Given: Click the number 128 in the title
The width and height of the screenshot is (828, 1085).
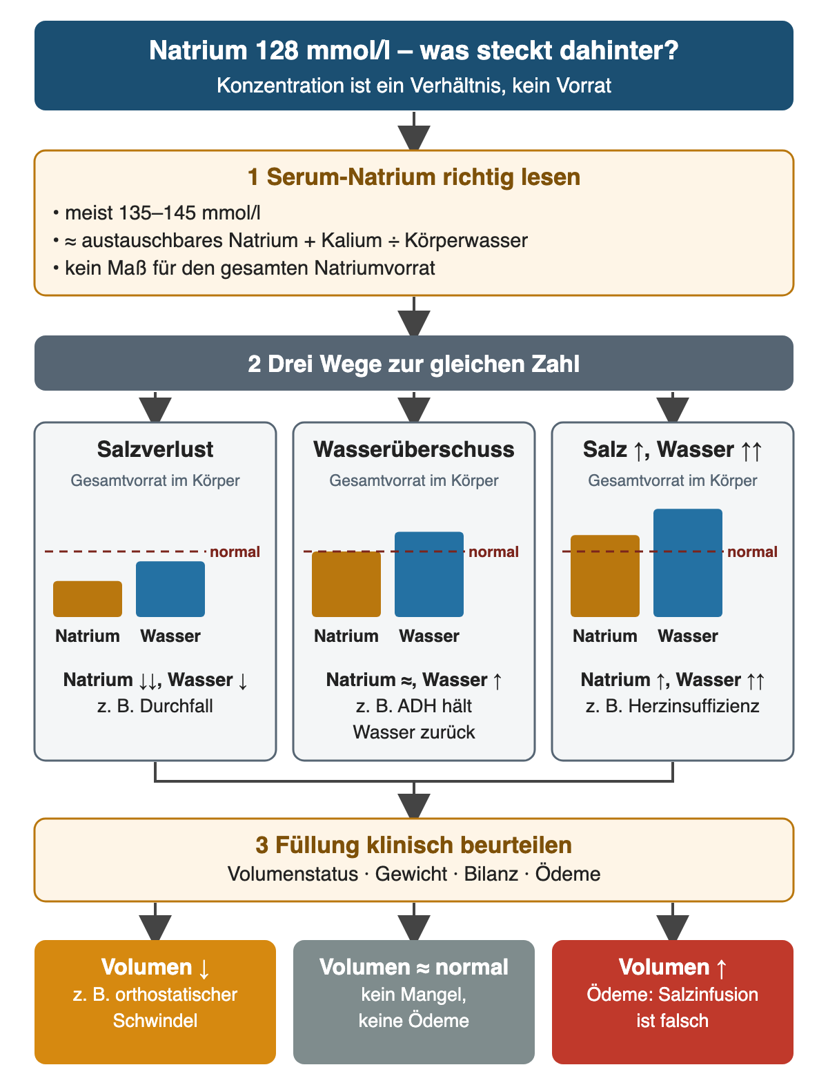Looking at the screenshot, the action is pyautogui.click(x=277, y=50).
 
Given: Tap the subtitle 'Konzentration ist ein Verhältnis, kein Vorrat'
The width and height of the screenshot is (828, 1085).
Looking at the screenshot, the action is pyautogui.click(x=414, y=86).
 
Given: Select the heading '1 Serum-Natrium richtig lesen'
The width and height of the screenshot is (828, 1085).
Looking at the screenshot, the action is pyautogui.click(x=414, y=177).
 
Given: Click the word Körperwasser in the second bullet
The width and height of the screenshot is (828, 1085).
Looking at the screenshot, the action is pyautogui.click(x=466, y=241).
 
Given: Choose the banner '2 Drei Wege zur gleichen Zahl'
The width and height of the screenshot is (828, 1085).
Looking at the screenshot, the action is pyautogui.click(x=414, y=363).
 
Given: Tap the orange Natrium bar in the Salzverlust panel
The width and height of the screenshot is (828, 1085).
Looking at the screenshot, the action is pyautogui.click(x=88, y=598).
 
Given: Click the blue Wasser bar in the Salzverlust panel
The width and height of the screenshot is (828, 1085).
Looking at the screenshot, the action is pyautogui.click(x=170, y=589).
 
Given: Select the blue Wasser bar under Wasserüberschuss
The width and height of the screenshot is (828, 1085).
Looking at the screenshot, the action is pyautogui.click(x=428, y=574).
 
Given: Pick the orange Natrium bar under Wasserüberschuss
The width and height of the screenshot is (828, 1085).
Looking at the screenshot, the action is pyautogui.click(x=346, y=584).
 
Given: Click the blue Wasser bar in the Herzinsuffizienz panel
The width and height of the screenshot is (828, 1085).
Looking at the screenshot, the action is pyautogui.click(x=688, y=563).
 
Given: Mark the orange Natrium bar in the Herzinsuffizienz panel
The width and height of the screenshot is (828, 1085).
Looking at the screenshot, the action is pyautogui.click(x=605, y=576).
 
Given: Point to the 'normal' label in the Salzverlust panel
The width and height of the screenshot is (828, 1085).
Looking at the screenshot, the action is pyautogui.click(x=235, y=551).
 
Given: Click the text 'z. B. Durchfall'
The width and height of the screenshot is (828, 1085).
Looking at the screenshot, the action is pyautogui.click(x=155, y=706).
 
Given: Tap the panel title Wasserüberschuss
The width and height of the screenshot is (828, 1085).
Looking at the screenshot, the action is pyautogui.click(x=414, y=449).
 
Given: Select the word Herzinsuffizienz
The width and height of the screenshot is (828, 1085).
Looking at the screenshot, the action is pyautogui.click(x=693, y=706).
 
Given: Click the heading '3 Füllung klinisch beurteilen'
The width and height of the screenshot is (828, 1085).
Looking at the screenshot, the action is pyautogui.click(x=414, y=845).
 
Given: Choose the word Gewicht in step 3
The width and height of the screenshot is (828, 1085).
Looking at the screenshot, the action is pyautogui.click(x=411, y=874).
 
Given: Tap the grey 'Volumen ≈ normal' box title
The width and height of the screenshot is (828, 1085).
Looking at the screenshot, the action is pyautogui.click(x=414, y=967).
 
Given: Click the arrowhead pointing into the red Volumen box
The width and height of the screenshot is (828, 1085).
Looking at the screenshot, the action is pyautogui.click(x=672, y=928).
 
